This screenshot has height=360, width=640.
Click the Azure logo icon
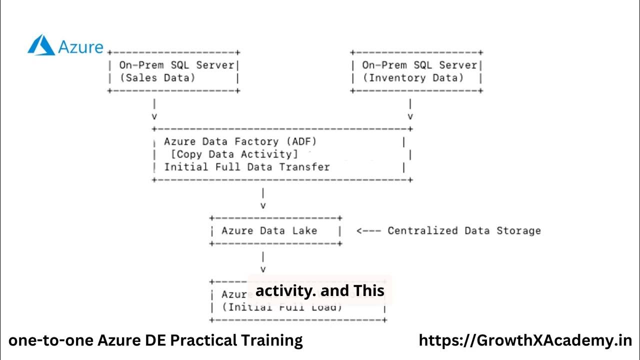tap(41, 45)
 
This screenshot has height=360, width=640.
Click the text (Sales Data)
tap(157, 77)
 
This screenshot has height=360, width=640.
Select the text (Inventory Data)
tap(413, 77)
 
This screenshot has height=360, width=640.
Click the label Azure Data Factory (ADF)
tap(240, 141)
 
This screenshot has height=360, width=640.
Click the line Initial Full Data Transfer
tap(247, 167)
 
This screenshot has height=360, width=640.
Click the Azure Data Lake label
tap(269, 230)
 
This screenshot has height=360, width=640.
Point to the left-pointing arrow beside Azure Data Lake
tap(368, 230)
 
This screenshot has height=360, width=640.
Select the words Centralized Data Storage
tap(464, 230)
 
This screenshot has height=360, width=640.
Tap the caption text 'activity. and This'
tap(319, 290)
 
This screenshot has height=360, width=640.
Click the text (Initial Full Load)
tap(282, 307)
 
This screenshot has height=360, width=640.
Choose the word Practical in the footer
tap(203, 341)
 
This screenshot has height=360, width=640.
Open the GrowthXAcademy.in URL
tap(525, 341)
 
